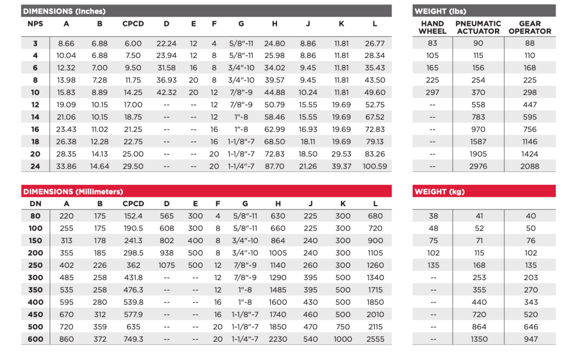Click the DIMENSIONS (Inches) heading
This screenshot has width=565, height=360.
click(x=64, y=11)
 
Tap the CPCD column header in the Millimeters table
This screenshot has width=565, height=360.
click(x=133, y=204)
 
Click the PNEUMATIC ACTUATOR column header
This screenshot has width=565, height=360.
click(x=478, y=28)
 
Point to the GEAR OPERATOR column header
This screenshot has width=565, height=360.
click(x=530, y=28)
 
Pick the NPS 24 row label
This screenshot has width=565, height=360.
click(x=35, y=166)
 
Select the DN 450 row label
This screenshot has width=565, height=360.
click(x=35, y=314)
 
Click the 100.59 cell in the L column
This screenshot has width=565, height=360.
click(x=375, y=166)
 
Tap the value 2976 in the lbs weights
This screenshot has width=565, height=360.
click(x=478, y=166)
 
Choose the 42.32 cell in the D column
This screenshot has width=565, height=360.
click(x=167, y=93)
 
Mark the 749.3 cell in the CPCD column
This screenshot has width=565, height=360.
click(x=133, y=339)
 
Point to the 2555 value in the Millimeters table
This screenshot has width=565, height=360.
click(x=375, y=339)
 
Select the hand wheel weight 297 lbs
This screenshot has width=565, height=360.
click(x=433, y=93)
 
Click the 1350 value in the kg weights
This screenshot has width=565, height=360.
click(x=479, y=339)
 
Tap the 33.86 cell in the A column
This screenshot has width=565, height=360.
click(x=66, y=166)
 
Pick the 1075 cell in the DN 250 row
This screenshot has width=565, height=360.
click(x=167, y=265)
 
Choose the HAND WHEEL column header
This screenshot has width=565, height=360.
click(x=433, y=28)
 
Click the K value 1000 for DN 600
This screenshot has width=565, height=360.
click(x=343, y=339)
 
